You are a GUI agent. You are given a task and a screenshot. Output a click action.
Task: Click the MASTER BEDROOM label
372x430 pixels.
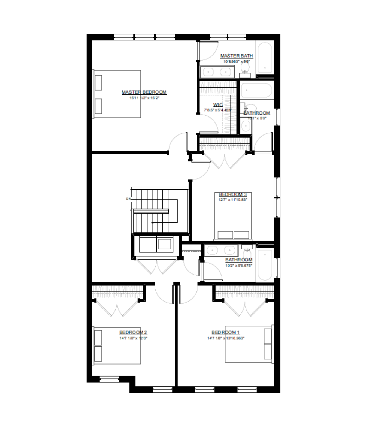(144, 92)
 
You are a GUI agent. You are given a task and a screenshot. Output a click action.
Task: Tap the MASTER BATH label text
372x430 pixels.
(237, 56)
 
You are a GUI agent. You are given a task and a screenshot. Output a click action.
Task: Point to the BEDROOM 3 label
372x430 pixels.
(233, 194)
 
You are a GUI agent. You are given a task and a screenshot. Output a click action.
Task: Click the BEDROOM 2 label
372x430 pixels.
(133, 333)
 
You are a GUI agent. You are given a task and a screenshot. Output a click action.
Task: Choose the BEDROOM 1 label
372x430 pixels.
(226, 333)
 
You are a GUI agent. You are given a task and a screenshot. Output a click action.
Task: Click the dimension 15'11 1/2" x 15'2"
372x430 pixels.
(144, 98)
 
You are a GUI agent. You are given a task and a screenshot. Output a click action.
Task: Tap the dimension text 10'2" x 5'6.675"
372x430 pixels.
(239, 265)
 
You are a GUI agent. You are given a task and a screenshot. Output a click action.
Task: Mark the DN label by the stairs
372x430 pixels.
(128, 199)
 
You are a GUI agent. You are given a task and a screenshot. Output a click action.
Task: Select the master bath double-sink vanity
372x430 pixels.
(217, 72)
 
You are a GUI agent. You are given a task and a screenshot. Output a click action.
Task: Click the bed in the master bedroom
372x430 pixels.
(117, 94)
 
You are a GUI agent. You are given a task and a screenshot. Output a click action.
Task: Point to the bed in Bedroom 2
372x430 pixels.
(117, 345)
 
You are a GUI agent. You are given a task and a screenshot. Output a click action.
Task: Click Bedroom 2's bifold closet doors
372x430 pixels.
(117, 308)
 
